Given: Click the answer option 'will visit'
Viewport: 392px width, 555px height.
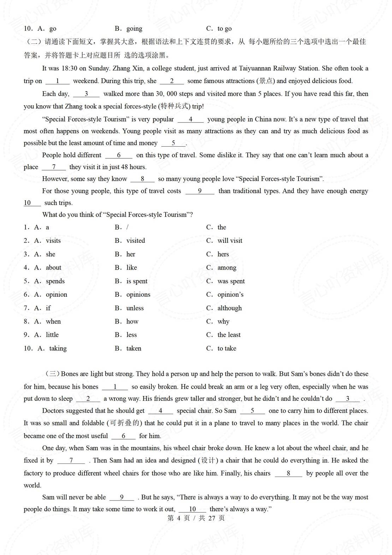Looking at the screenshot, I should click(230, 241).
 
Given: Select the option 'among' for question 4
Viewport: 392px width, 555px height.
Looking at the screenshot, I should click(227, 268).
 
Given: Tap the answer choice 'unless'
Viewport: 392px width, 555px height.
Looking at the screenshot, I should click(135, 308).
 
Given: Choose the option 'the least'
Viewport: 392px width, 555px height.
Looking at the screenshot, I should click(229, 335).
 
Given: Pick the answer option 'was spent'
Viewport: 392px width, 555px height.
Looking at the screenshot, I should click(231, 281).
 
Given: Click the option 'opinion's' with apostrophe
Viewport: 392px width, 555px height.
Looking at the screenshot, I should click(230, 295).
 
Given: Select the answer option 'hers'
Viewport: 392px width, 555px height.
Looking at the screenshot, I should click(223, 254).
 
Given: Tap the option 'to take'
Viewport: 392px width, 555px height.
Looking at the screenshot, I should click(227, 348).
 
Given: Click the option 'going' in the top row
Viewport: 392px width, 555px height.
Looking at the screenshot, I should click(134, 29).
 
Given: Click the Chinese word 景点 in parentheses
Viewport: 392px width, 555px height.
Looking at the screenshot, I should click(266, 81).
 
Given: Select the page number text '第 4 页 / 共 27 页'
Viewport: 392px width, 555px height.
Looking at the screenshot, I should click(196, 518).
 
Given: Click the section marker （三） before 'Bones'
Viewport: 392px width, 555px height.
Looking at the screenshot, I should click(52, 374).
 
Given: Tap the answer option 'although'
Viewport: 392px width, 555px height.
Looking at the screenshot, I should click(230, 308).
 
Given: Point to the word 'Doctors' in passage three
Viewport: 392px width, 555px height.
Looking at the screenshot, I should click(54, 411).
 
